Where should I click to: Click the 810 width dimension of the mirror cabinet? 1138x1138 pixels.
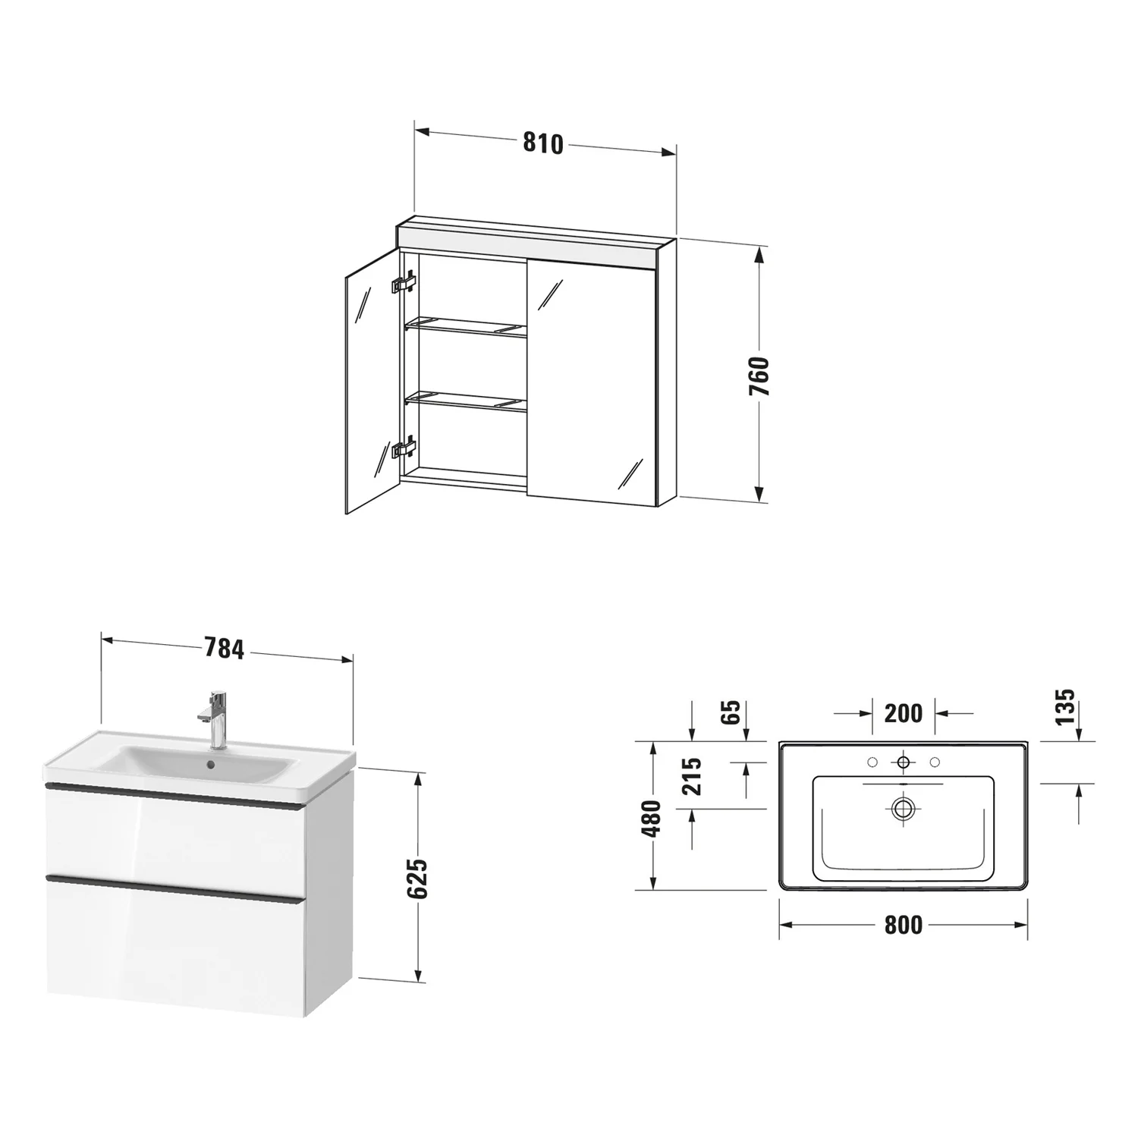(x=543, y=143)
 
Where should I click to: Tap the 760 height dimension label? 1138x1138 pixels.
(x=759, y=376)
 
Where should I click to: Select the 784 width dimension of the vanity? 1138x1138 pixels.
(x=224, y=649)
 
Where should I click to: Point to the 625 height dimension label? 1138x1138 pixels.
(x=417, y=879)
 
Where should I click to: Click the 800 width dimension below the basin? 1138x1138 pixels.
(x=904, y=925)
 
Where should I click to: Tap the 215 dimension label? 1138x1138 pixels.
(x=693, y=775)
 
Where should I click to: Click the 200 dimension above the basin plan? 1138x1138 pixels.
(x=904, y=713)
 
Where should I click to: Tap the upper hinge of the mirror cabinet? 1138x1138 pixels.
(x=404, y=283)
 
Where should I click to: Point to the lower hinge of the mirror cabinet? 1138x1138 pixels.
(x=404, y=448)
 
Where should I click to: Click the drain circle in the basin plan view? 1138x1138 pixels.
(x=903, y=808)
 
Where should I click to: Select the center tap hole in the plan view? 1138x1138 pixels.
(x=903, y=762)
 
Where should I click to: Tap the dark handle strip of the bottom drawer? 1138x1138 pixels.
(x=175, y=889)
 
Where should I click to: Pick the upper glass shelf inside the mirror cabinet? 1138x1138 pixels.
(x=465, y=327)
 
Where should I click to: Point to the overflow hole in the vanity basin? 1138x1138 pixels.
(x=210, y=767)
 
